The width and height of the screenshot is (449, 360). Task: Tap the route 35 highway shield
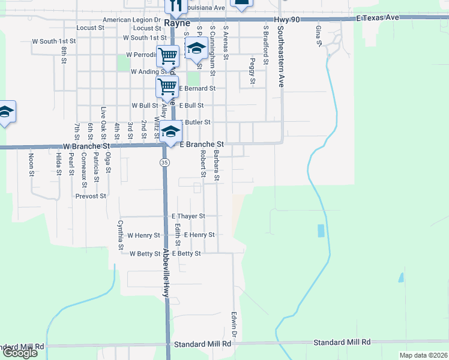pos(164,163)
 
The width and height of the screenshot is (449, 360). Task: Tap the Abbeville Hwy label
pos(166,273)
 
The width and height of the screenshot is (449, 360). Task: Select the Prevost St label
pos(91,196)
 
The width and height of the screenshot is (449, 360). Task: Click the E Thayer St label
pos(188,216)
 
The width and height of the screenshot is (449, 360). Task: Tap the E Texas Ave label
pos(378,18)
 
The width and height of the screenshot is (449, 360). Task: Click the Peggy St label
pos(253,71)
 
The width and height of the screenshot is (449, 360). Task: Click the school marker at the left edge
pos(5,112)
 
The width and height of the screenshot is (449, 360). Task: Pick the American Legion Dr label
pos(131,20)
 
